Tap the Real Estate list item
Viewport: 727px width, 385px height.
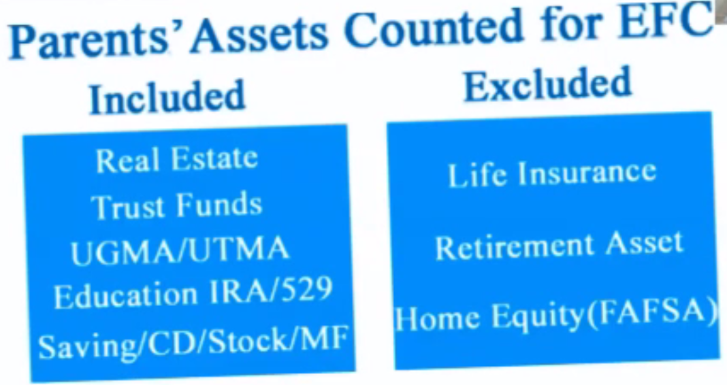(x=176, y=160)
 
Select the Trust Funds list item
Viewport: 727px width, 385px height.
(x=177, y=206)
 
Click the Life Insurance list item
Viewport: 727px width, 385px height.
(x=552, y=173)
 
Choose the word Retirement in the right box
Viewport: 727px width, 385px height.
(x=514, y=246)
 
